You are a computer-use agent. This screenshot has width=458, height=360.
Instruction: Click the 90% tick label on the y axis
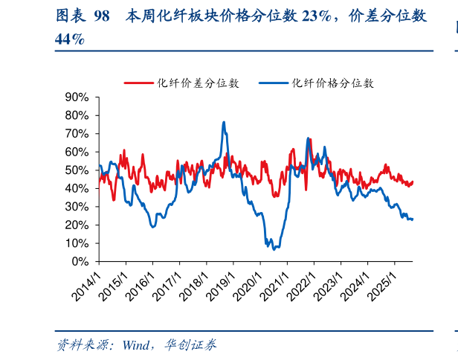point(77,97)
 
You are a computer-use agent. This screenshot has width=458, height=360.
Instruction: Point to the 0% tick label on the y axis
point(80,262)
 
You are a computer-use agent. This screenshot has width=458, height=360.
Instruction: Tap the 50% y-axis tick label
point(77,170)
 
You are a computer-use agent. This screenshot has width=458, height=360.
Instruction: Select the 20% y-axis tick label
point(77,225)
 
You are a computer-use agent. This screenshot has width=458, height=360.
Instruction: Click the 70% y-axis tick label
point(77,134)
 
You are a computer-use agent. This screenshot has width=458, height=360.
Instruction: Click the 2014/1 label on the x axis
point(88,285)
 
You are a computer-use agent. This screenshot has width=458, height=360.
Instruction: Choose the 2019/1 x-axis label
point(222,285)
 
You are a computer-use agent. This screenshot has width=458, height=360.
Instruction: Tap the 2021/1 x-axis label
point(277,285)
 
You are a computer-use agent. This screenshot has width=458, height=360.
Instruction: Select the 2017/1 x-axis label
point(169,285)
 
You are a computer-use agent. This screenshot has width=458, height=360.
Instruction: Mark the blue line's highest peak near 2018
point(224,122)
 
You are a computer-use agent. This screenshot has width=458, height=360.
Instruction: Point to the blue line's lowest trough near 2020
point(274,248)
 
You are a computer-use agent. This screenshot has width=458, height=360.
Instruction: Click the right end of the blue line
point(413,219)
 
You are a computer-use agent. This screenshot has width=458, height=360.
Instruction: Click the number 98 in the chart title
point(102,16)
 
